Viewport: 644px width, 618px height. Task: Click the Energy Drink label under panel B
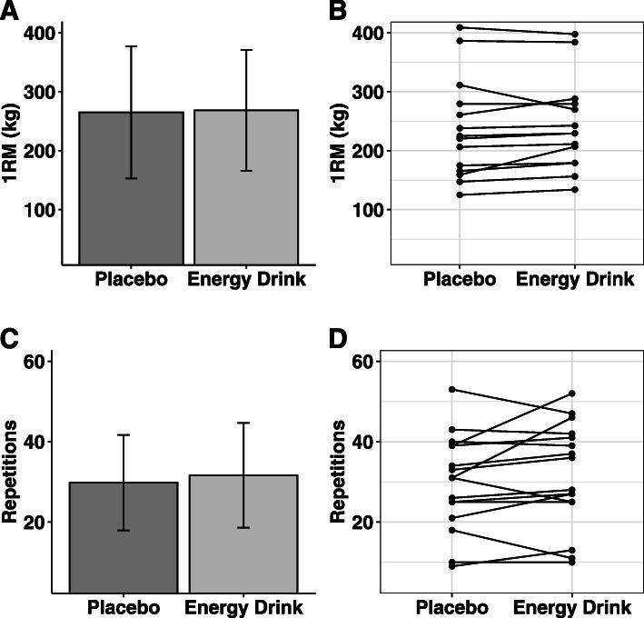tap(574, 279)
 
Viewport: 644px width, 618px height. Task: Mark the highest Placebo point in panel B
tap(460, 27)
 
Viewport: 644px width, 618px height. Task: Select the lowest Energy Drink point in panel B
tap(575, 189)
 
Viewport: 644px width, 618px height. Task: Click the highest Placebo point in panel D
tap(460, 390)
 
